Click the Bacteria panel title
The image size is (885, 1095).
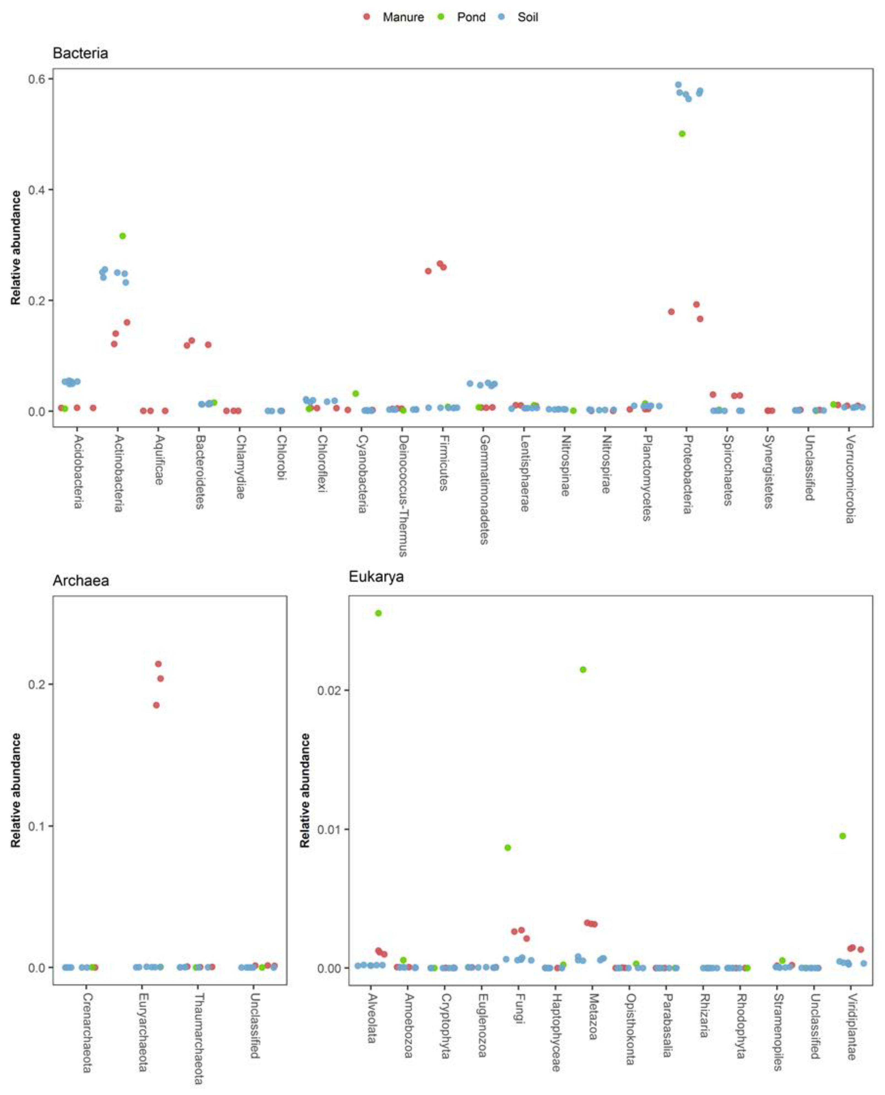[80, 53]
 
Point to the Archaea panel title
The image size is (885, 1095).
[80, 581]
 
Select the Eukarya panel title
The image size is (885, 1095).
[376, 576]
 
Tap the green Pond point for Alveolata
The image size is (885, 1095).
[378, 613]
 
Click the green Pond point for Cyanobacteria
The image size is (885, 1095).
[356, 393]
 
